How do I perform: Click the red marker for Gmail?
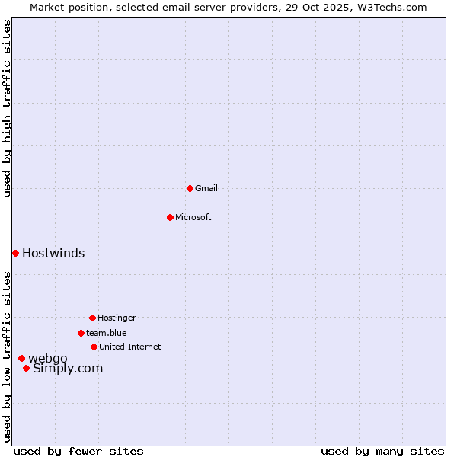190,188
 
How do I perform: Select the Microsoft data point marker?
170,217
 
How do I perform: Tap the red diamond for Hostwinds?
15,253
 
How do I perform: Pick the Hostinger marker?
92,318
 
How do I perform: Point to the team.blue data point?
81,333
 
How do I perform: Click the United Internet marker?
94,347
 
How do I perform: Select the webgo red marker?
21,358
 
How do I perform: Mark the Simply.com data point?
26,368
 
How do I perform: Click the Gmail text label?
206,188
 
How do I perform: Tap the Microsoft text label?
193,217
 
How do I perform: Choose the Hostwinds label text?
53,253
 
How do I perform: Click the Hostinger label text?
117,318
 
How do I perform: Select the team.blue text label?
107,333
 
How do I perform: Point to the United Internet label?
130,347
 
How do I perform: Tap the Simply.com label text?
68,369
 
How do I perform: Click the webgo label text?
48,358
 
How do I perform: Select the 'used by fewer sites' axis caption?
78,451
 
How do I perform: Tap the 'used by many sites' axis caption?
382,451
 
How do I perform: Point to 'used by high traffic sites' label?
7,108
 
